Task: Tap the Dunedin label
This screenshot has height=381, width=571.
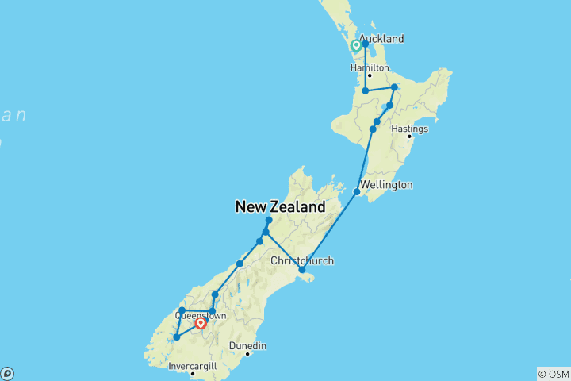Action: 248,346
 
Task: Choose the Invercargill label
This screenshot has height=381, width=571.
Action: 192,367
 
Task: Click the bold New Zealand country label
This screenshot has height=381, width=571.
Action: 280,207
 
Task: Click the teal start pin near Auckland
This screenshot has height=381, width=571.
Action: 356,46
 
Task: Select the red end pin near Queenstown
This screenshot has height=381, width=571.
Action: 201,322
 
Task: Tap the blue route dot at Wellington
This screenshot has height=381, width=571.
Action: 357,191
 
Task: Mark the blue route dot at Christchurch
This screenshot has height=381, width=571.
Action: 302,270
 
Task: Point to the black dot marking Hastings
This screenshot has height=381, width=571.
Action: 410,137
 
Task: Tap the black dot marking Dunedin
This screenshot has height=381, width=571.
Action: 247,354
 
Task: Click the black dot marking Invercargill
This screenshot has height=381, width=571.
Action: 192,374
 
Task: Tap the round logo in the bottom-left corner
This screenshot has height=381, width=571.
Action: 7,373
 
